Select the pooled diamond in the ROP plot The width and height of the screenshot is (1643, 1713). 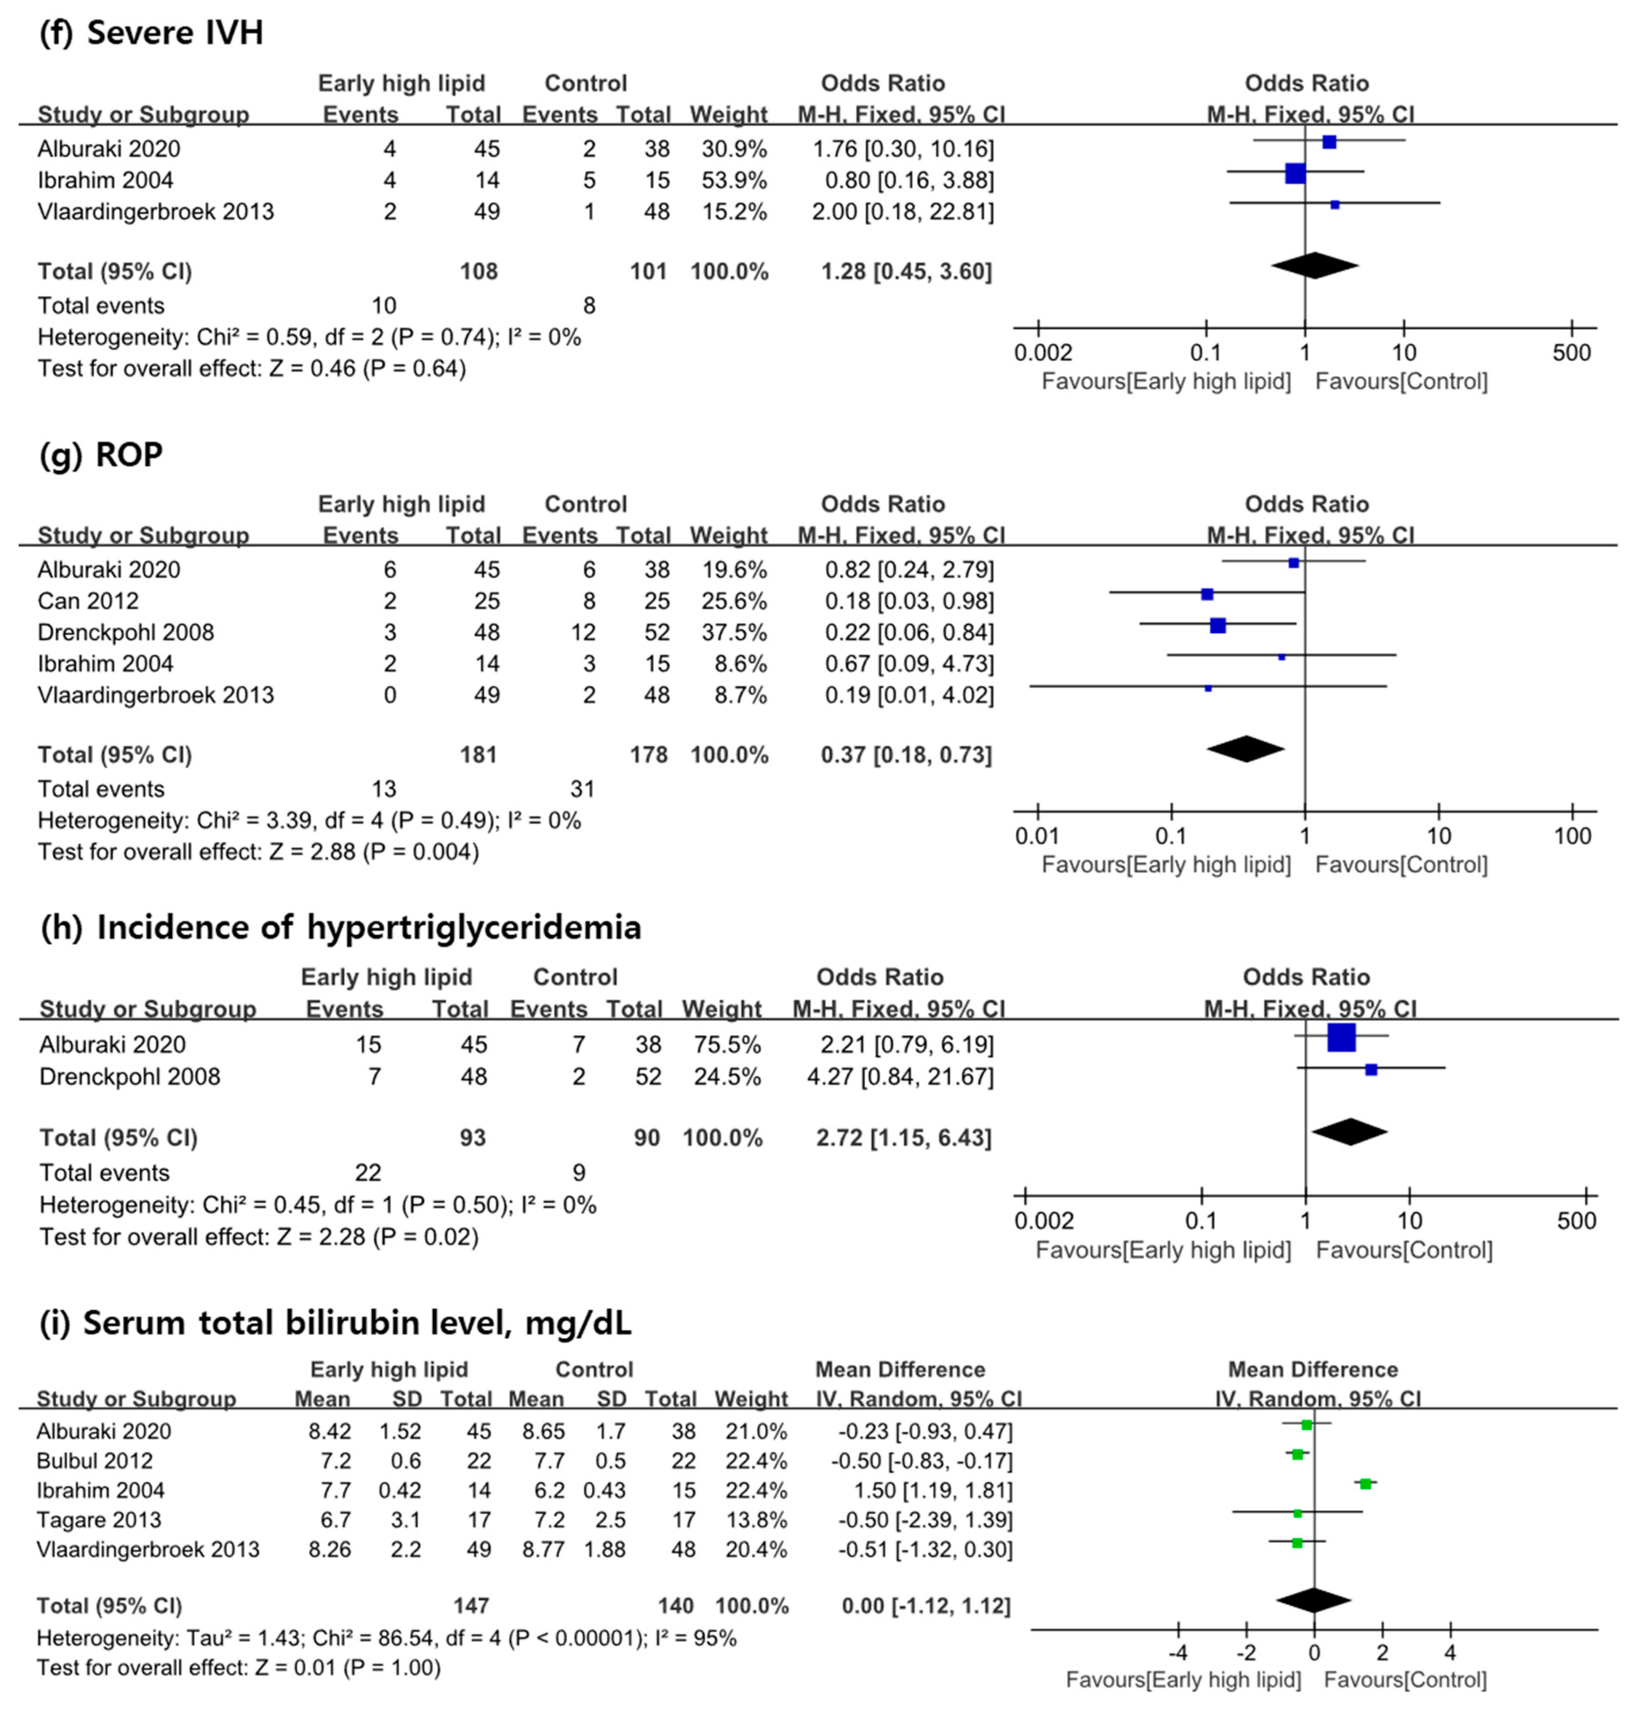tap(1245, 749)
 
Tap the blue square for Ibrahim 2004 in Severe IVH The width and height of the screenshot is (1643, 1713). tap(1295, 173)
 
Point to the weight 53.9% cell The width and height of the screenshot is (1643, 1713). tap(734, 180)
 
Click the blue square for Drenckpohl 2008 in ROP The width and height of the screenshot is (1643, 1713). tap(1217, 626)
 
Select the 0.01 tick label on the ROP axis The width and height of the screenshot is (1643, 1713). tap(1037, 837)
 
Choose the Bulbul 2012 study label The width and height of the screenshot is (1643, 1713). tap(94, 1461)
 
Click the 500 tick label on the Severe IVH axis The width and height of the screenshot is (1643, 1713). tap(1571, 353)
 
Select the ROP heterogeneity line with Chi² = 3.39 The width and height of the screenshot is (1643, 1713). tap(309, 821)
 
